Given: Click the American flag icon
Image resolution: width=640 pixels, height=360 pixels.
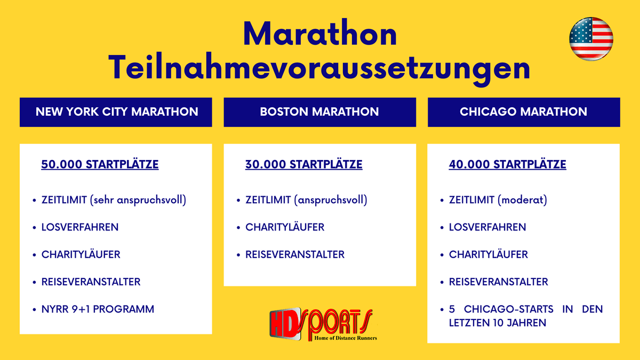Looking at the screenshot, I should click(x=591, y=38).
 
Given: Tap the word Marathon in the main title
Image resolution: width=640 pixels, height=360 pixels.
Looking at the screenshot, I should click(x=320, y=34).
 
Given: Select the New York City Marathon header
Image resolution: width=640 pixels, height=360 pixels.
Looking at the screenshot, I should click(x=116, y=112).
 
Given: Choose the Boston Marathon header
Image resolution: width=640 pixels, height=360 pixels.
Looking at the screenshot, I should click(x=319, y=112).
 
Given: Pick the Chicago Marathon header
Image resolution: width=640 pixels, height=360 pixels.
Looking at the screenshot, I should click(x=523, y=112).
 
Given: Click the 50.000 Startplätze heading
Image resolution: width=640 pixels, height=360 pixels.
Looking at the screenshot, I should click(x=100, y=164).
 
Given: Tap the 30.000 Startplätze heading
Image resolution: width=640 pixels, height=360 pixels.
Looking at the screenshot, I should click(x=303, y=164).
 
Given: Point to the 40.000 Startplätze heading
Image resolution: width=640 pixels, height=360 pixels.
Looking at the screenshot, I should click(x=507, y=164).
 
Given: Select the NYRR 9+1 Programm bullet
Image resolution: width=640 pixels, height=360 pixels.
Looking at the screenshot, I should click(x=98, y=309).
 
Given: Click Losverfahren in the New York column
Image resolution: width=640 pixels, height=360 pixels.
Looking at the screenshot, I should click(x=80, y=227).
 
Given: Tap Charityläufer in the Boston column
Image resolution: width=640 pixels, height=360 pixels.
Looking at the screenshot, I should click(x=285, y=227).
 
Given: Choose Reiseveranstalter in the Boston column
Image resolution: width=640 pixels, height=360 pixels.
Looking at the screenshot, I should click(x=295, y=254).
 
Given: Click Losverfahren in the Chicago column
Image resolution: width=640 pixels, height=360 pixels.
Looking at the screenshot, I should click(x=487, y=227).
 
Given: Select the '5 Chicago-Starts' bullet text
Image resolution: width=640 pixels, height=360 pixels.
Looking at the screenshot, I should click(x=525, y=316).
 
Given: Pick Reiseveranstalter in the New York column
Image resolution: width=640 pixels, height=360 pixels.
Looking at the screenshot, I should click(x=91, y=282).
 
